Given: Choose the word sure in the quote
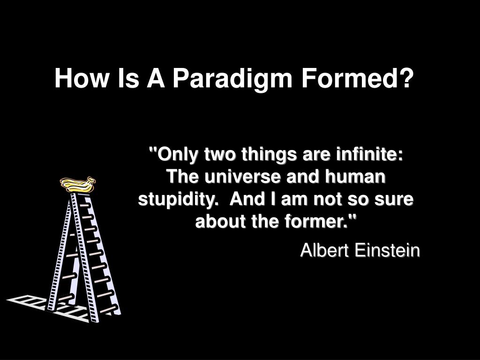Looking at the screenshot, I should pos(396,199).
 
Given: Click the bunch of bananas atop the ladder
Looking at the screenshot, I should pos(78,184).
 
